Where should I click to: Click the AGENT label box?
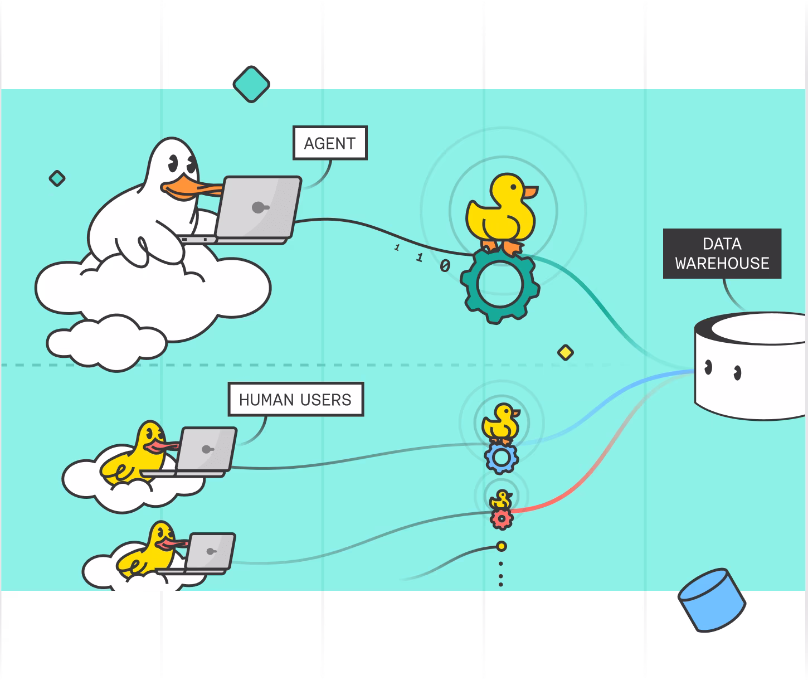(330, 143)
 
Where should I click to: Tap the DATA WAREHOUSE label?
(722, 254)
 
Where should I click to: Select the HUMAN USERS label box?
(295, 399)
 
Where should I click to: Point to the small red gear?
(502, 519)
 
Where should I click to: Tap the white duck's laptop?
(257, 208)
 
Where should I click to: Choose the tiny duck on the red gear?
(502, 500)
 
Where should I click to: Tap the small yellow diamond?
(566, 352)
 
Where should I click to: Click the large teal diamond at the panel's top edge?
(251, 84)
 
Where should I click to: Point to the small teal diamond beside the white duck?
(57, 178)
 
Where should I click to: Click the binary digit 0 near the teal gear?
(445, 265)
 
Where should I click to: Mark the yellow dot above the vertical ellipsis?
(501, 546)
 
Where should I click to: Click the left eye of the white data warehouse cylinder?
(708, 367)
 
